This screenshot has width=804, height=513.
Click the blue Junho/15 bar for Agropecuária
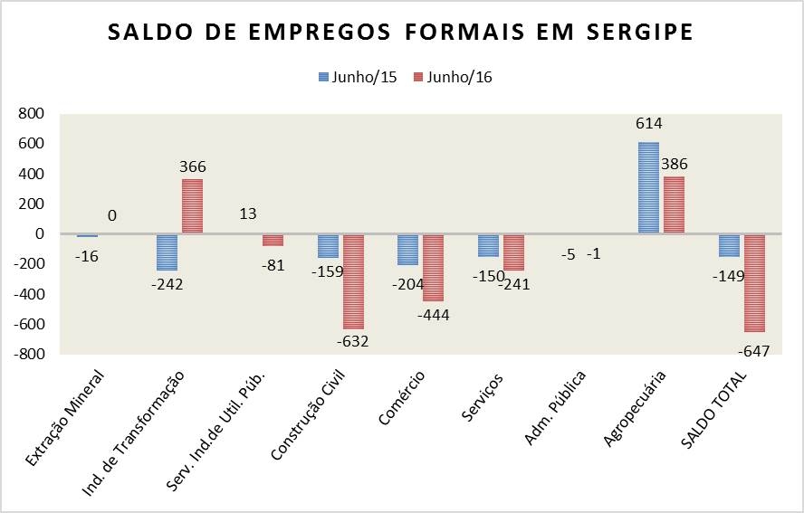[648, 188]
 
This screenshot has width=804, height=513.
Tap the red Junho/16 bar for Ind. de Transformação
[192, 206]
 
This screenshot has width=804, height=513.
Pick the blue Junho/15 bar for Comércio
[407, 249]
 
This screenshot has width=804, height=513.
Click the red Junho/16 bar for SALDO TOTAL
[754, 282]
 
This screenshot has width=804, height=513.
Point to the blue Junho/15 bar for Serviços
[488, 245]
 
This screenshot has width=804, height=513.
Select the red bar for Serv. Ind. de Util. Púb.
[273, 240]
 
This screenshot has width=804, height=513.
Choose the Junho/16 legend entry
[453, 77]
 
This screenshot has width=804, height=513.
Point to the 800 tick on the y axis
[31, 114]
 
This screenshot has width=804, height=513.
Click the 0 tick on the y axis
[39, 234]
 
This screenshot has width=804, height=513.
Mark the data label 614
[649, 124]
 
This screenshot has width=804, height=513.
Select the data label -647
[753, 351]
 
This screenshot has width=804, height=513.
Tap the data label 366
[192, 166]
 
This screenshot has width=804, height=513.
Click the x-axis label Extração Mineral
[65, 418]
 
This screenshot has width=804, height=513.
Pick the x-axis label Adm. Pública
[555, 407]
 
